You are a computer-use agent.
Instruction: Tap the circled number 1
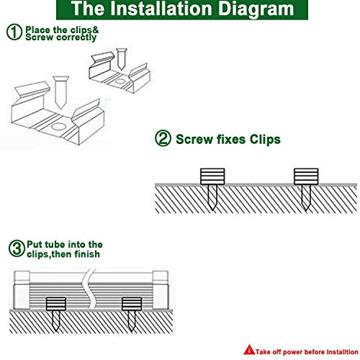click(x=14, y=32)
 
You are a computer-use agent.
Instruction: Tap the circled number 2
click(x=163, y=138)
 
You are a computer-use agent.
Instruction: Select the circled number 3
click(x=17, y=248)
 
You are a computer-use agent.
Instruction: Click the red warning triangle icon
click(x=249, y=350)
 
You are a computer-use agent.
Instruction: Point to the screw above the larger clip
click(x=60, y=92)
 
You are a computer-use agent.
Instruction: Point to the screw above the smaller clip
click(x=121, y=59)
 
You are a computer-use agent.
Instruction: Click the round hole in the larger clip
click(x=59, y=127)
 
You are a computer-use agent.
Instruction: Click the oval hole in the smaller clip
click(x=120, y=81)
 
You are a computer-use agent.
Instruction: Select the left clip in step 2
click(x=212, y=176)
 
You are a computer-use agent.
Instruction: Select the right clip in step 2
click(x=306, y=176)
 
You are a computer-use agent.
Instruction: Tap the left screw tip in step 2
click(x=212, y=210)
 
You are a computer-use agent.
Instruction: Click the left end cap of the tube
click(x=22, y=290)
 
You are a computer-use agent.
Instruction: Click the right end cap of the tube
click(x=161, y=290)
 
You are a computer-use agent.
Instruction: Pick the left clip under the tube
click(x=55, y=304)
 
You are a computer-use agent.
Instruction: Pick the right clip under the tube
click(x=131, y=304)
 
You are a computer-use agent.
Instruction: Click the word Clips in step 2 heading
click(x=265, y=140)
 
